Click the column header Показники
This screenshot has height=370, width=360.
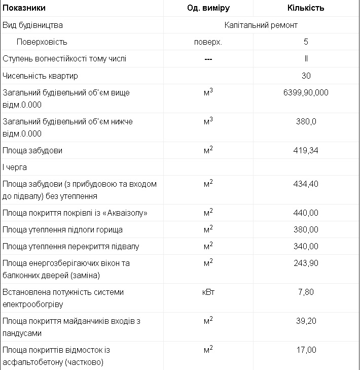pos(24,8)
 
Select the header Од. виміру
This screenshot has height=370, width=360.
pos(208,8)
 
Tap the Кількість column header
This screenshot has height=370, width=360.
pos(306,8)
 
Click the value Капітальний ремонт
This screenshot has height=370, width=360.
pos(261,25)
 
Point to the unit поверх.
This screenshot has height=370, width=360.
pos(208,42)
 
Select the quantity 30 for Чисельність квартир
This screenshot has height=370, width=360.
pos(306,76)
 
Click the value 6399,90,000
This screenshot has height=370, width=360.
pos(306,93)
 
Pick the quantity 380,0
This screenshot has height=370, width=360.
pos(306,121)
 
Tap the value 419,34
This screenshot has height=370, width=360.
pos(306,151)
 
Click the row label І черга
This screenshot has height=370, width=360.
pos(15,167)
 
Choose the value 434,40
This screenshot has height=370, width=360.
pos(306,184)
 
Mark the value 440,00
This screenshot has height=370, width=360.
pos(306,213)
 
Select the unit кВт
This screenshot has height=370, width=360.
pos(208,292)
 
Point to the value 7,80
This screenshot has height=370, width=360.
pos(306,292)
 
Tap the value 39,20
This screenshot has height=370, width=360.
pos(306,321)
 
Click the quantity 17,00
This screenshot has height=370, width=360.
pos(306,350)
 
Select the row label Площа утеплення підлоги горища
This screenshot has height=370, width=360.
pos(62,229)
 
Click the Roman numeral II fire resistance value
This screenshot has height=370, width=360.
pos(306,58)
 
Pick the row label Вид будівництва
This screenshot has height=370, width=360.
pos(33,25)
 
